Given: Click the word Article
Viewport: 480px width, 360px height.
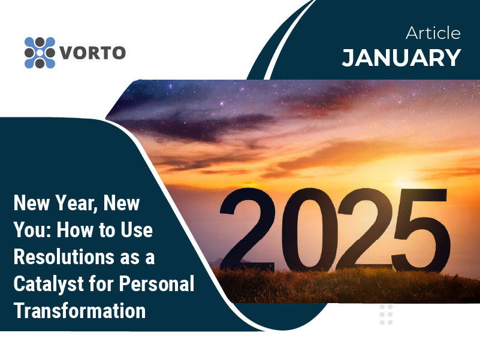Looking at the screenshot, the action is click(x=433, y=33).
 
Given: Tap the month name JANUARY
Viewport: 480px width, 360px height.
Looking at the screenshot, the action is click(x=401, y=58).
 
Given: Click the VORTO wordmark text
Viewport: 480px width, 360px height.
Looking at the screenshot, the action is click(x=92, y=53).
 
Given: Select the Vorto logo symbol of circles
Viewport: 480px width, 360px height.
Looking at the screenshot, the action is click(x=40, y=53).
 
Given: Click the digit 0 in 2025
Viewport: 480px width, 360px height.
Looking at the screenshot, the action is click(x=309, y=229).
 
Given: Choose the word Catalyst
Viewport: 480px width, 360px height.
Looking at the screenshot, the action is click(x=49, y=284).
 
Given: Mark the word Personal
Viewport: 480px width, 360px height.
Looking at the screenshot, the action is click(x=156, y=283).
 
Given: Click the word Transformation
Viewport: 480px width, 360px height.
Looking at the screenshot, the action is click(x=80, y=310).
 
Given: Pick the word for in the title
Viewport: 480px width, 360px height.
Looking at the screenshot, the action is click(x=101, y=283).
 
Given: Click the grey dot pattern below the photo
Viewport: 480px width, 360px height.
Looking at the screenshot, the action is click(x=386, y=314).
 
